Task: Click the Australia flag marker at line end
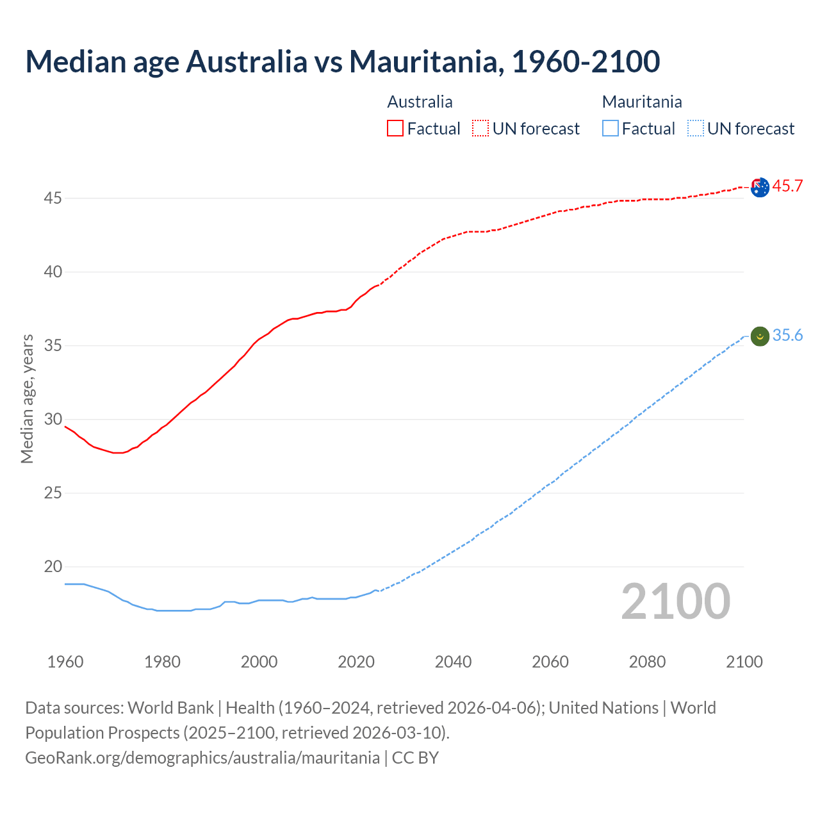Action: pyautogui.click(x=760, y=188)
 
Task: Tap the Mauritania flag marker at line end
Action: pyautogui.click(x=760, y=336)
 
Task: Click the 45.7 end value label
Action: pyautogui.click(x=787, y=186)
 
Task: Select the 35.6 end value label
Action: pyautogui.click(x=787, y=336)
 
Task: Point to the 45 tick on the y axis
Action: pyautogui.click(x=53, y=199)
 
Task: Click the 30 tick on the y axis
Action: pyautogui.click(x=53, y=420)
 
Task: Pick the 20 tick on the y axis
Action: pyautogui.click(x=53, y=567)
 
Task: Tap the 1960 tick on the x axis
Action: pyautogui.click(x=65, y=662)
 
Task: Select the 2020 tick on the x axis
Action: pyautogui.click(x=356, y=662)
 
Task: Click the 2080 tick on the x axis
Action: pyautogui.click(x=647, y=662)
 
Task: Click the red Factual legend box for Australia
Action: pyautogui.click(x=395, y=129)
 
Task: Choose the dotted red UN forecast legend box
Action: pyautogui.click(x=480, y=129)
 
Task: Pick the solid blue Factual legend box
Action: pyautogui.click(x=611, y=129)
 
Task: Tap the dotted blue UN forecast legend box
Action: pyautogui.click(x=695, y=129)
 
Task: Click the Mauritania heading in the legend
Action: pyautogui.click(x=642, y=102)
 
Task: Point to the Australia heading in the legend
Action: pyautogui.click(x=420, y=102)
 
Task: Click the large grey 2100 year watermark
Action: pyautogui.click(x=675, y=601)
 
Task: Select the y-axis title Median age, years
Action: pyautogui.click(x=27, y=398)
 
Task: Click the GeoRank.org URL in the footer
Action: pyautogui.click(x=202, y=758)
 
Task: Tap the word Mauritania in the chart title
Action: pyautogui.click(x=423, y=61)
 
